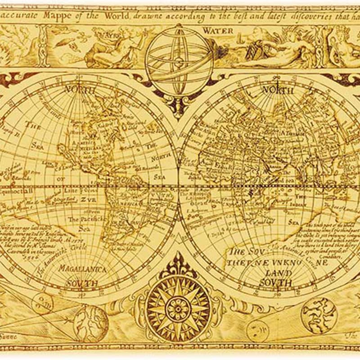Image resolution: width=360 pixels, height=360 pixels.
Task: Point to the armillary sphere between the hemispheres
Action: (x=179, y=61)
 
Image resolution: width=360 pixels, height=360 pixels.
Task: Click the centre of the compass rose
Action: (x=179, y=308)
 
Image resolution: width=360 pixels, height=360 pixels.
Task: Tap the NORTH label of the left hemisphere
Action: (x=81, y=89)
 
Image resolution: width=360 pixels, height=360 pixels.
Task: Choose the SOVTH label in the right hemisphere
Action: (x=275, y=282)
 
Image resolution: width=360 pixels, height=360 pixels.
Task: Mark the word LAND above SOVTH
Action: (x=278, y=272)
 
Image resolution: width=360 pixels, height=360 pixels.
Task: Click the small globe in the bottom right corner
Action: (x=319, y=311)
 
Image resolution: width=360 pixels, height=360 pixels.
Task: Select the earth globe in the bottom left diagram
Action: (x=90, y=322)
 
